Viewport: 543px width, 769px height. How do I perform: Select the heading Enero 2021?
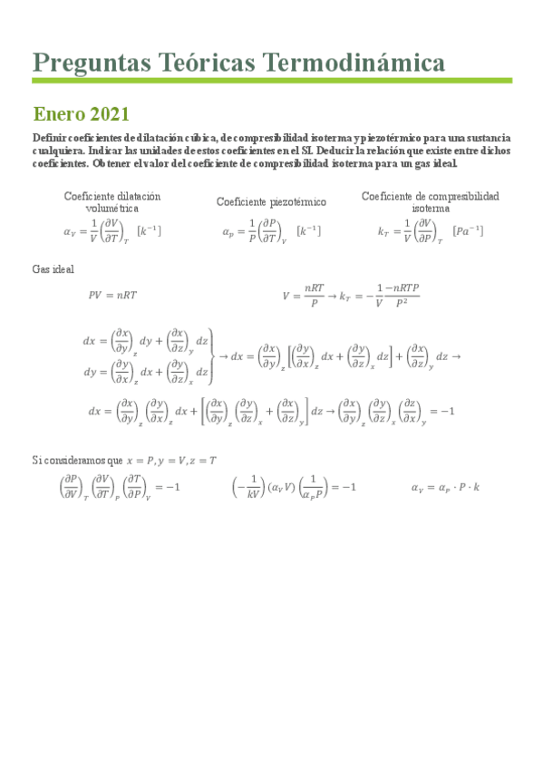pyautogui.click(x=81, y=114)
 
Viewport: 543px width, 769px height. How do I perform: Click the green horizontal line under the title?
pyautogui.click(x=272, y=81)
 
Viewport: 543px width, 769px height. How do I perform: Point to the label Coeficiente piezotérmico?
pyautogui.click(x=271, y=201)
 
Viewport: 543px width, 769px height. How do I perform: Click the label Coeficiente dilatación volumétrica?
pyautogui.click(x=112, y=201)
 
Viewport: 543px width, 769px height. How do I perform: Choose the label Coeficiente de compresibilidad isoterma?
pyautogui.click(x=430, y=201)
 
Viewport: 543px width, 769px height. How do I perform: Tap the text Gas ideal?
pyautogui.click(x=53, y=269)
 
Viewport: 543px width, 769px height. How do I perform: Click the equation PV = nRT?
pyautogui.click(x=112, y=295)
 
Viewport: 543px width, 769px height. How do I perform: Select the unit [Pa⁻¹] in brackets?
pyautogui.click(x=468, y=231)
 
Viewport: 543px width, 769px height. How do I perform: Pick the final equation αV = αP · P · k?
pyautogui.click(x=445, y=487)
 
